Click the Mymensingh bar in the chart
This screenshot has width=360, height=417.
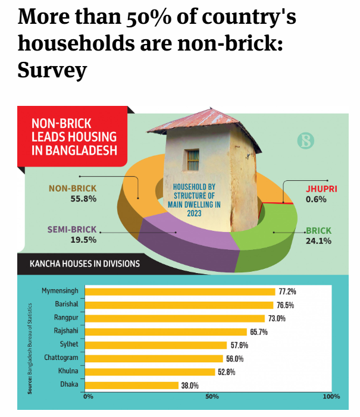coord(180,291)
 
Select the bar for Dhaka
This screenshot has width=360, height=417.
coord(132,385)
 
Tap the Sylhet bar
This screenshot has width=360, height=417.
coord(156,345)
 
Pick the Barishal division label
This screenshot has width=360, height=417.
coord(65,305)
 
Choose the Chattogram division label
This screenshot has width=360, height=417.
coord(61,358)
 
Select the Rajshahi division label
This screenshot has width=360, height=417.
coord(64,331)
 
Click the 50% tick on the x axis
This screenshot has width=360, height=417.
coord(212,397)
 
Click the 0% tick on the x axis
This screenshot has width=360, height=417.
coord(89,397)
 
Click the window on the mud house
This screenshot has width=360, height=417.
coord(192,159)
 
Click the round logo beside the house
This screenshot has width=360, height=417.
coord(304,141)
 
